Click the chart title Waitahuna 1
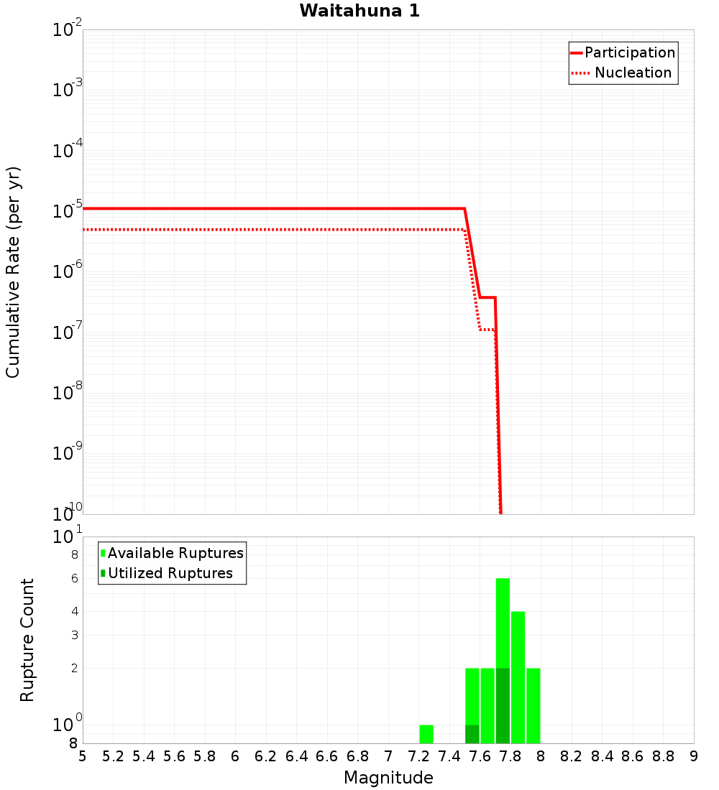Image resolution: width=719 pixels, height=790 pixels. click(359, 11)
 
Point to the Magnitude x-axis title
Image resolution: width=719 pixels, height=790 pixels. click(388, 778)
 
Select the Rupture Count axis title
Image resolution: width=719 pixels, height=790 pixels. click(27, 639)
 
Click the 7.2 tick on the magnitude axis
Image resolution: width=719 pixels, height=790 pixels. click(418, 756)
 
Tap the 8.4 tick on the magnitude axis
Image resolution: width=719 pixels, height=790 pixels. click(602, 756)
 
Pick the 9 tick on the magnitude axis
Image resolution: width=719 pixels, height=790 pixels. click(693, 756)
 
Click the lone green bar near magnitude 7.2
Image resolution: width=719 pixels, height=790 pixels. click(426, 734)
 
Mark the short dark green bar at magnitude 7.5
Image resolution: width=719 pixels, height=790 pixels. click(472, 734)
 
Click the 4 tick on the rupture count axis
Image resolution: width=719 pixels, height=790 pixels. click(73, 611)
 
